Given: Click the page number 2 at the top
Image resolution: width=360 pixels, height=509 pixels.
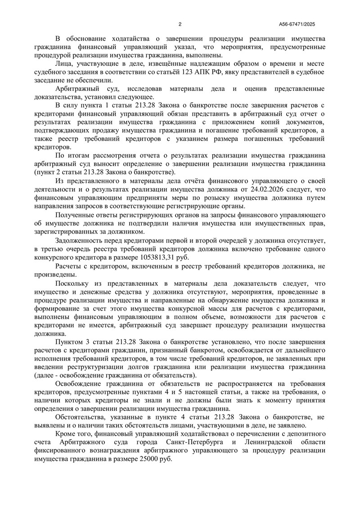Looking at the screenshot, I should (x=180, y=24).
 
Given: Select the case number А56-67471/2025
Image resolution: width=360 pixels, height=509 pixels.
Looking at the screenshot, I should (x=305, y=24).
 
